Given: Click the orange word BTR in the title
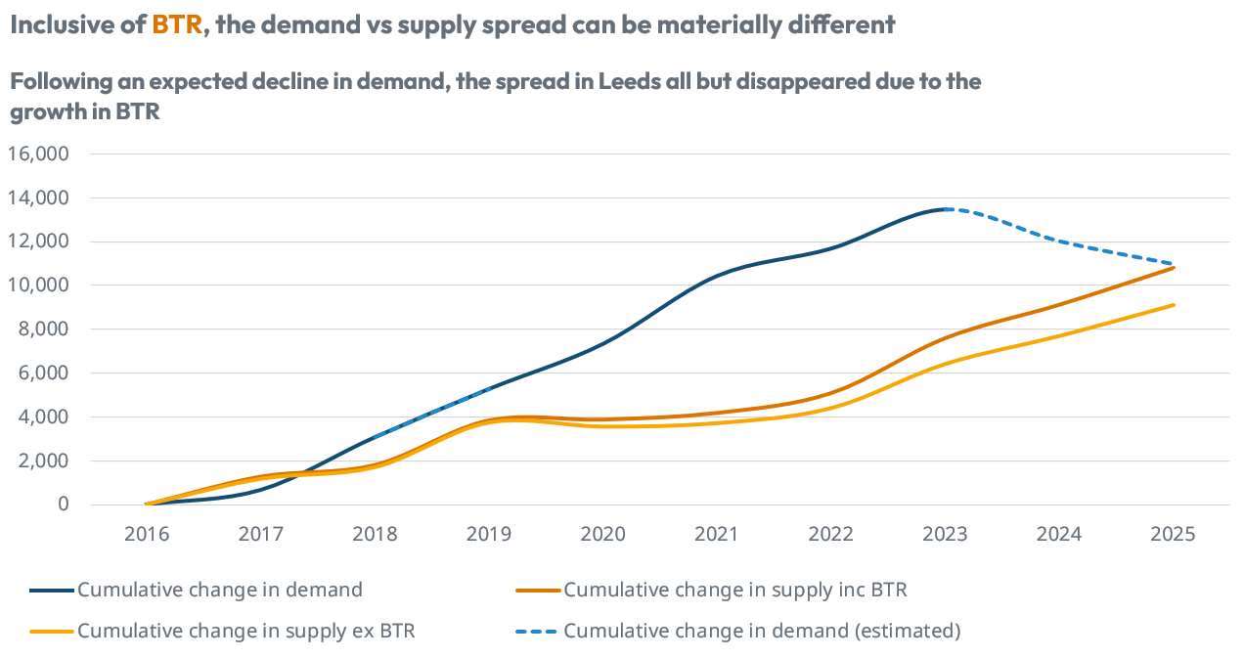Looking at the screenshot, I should coord(176,25).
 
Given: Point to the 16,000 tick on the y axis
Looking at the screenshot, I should coord(39,154).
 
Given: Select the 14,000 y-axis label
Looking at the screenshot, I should coord(39,198).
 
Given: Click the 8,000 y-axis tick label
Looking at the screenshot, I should coord(44,329).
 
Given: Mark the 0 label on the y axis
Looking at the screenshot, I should coord(62,504).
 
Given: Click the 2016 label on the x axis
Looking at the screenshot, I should coord(147,534).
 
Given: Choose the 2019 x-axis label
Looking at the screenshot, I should coord(489,534).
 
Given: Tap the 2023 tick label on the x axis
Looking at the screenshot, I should coord(945,534).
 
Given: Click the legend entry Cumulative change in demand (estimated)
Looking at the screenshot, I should coord(762,631).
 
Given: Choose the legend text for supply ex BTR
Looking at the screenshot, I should coord(246,631).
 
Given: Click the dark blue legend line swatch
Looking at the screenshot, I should coord(51,590).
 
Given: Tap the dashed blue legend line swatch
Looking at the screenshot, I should coord(537,631).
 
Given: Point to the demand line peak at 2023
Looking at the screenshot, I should coord(945,209).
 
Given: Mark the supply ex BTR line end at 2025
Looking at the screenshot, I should coord(1173,305).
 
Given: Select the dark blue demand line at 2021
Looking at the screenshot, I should coord(717,277).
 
